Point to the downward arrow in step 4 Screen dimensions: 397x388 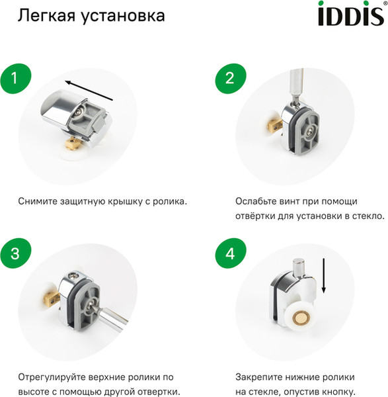(x=324, y=277)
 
